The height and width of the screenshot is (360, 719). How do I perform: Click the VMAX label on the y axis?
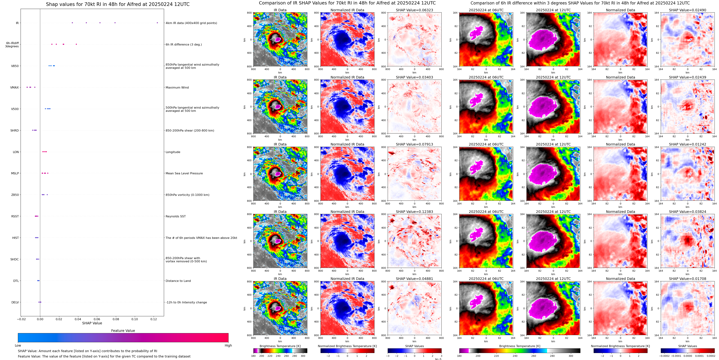click(15, 87)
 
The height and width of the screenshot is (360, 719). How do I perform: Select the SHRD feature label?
click(15, 130)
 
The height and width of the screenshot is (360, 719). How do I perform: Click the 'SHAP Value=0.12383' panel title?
click(414, 212)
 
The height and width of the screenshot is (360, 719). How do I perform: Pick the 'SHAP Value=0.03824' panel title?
click(687, 212)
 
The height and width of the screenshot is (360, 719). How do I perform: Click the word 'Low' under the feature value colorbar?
click(18, 345)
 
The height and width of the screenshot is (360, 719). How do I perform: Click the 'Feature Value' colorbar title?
click(123, 331)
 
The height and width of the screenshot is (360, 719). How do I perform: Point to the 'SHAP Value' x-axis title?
click(92, 323)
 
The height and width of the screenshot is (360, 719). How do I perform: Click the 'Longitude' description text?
click(173, 152)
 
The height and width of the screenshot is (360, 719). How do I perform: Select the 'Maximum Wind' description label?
click(177, 87)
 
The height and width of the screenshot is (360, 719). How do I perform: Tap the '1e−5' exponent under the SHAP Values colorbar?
click(438, 359)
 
